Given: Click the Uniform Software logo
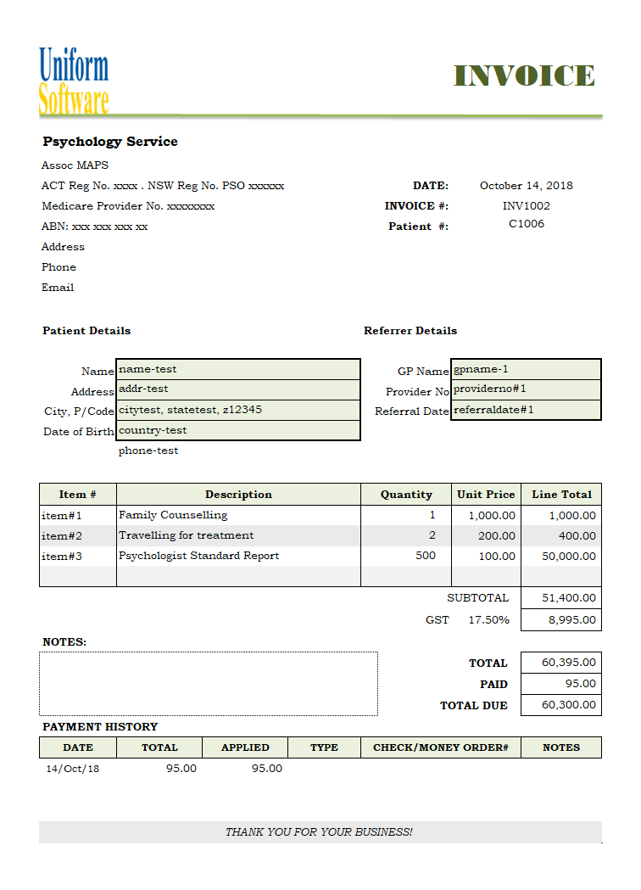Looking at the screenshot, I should [x=74, y=81].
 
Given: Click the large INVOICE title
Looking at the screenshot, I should [x=524, y=76].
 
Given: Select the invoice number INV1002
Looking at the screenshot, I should [x=526, y=206].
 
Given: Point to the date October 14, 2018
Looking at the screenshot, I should [x=526, y=186].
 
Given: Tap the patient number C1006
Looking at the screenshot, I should [x=526, y=224].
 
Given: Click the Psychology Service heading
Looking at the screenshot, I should [x=110, y=142].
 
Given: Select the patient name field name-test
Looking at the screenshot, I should [x=237, y=369].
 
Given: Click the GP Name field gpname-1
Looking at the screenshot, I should [x=526, y=369].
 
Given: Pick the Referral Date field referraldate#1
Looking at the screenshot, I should [x=526, y=410].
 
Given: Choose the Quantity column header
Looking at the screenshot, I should [x=406, y=495].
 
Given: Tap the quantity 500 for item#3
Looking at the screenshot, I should [x=426, y=556].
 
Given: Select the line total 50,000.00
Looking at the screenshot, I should [x=561, y=557].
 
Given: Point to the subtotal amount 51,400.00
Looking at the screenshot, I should [x=561, y=598].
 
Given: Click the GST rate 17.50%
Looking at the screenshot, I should [x=489, y=620].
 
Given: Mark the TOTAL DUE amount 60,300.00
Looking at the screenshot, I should [x=561, y=705].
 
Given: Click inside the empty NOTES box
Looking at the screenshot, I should [x=208, y=683].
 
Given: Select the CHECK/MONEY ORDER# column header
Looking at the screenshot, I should [x=440, y=747].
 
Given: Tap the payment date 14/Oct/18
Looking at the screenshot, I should [x=72, y=769].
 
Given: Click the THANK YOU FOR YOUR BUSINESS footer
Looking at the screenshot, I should [x=319, y=832].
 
